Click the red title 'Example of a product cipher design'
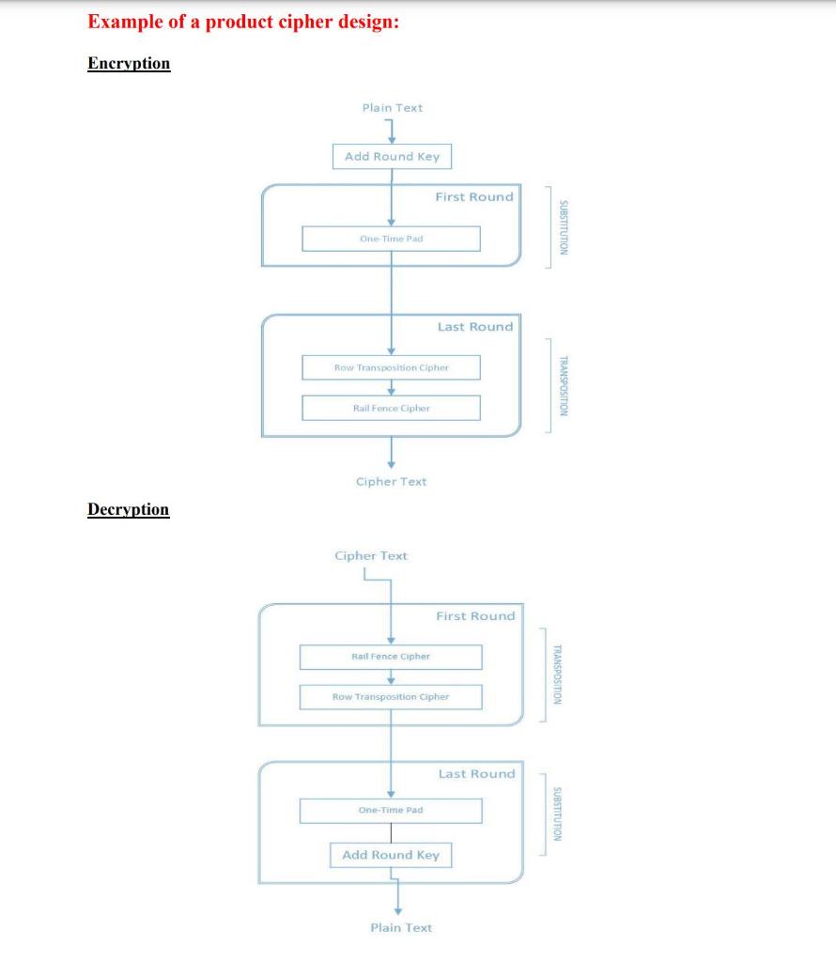(243, 23)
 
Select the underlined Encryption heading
(129, 64)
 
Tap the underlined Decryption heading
(129, 509)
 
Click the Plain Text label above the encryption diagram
(392, 108)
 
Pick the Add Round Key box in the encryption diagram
(392, 156)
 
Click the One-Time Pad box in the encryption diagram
(391, 239)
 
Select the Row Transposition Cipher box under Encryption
(391, 367)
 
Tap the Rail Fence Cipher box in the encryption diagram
(391, 408)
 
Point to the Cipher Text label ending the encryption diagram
(391, 482)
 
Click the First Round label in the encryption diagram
(474, 197)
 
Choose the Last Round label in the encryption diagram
(475, 327)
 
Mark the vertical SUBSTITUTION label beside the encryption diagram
(562, 228)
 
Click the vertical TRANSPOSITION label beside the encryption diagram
(562, 386)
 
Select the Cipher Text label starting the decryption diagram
(371, 556)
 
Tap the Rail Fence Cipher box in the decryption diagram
(391, 656)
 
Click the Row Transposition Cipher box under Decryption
(391, 697)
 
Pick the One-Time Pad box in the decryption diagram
(391, 810)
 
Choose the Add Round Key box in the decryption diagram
(391, 855)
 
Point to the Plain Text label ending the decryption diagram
(401, 928)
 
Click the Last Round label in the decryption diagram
(476, 774)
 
